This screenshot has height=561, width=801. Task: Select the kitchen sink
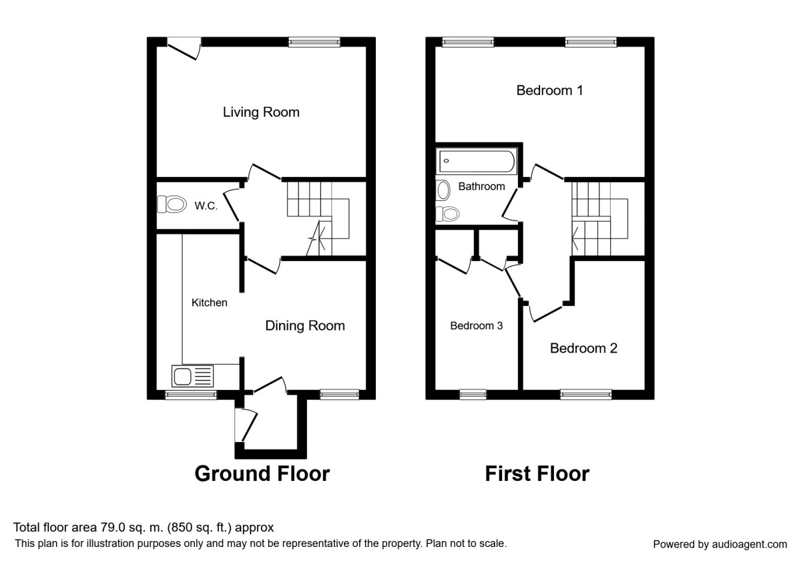193,376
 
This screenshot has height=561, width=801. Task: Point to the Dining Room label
305,326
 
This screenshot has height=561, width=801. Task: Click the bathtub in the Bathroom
476,161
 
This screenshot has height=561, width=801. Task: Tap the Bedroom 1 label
549,90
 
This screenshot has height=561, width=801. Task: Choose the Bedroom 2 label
583,348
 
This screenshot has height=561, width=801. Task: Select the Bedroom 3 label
476,326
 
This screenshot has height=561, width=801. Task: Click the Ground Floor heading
262,474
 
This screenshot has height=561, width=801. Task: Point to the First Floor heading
537,474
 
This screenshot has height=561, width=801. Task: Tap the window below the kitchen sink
191,395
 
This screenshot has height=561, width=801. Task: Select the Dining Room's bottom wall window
339,395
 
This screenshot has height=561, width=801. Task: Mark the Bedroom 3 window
473,395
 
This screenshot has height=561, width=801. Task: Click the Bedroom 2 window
586,395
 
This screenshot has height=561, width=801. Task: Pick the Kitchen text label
210,303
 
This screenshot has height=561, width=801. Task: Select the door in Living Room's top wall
184,48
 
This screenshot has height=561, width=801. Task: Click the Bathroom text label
481,186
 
